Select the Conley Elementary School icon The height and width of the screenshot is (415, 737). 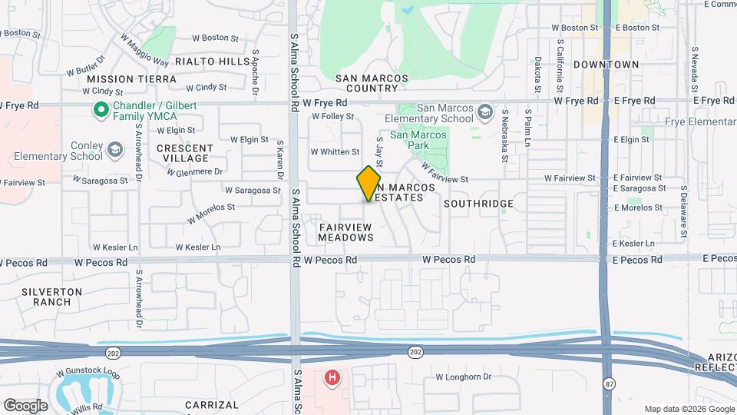pos(116,148)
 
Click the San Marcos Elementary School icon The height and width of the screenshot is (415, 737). pos(484,113)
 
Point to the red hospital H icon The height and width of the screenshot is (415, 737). pos(332,377)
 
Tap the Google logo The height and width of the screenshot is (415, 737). pos(25,405)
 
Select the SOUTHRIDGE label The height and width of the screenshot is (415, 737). pos(478,204)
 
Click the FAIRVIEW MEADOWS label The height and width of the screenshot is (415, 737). pos(346,232)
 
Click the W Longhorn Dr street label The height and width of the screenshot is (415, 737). pos(463,377)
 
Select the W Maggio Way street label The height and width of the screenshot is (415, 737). pos(144,49)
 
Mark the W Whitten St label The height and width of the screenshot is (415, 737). pos(335,152)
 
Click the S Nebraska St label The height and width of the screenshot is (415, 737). pos(504,127)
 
